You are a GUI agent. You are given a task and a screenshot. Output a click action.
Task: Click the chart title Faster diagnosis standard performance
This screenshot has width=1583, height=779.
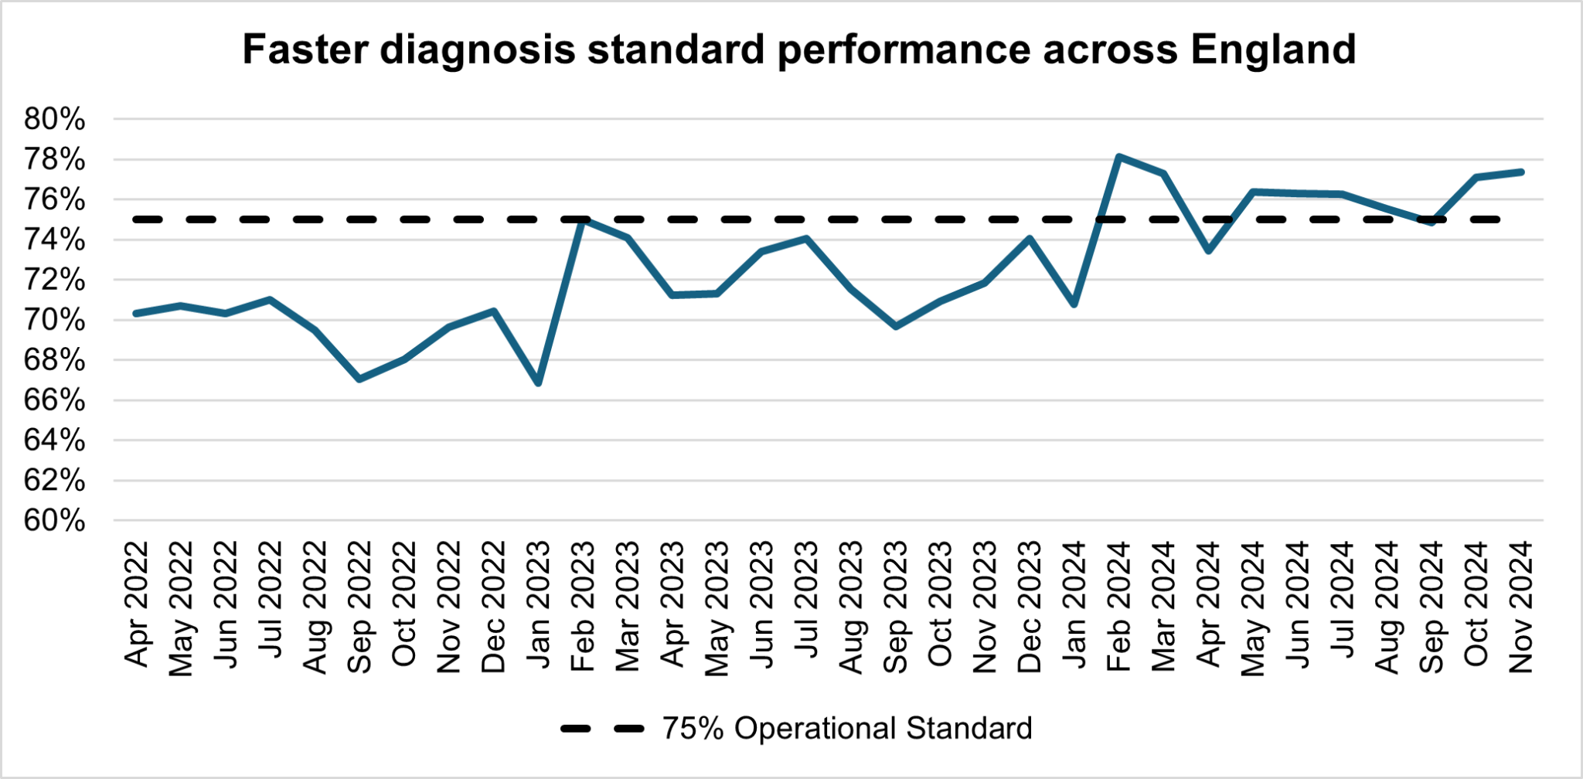(x=798, y=49)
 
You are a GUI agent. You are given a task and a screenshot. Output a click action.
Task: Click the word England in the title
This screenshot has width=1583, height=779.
(x=1273, y=49)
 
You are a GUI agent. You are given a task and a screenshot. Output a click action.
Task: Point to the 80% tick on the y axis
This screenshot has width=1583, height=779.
(x=54, y=120)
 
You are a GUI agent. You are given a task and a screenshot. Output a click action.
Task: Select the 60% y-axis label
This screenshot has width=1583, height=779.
(x=54, y=521)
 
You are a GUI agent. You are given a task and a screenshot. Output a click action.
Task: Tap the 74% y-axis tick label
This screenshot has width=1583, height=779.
(x=54, y=240)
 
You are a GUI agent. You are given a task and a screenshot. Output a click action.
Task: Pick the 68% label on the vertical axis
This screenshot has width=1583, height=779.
(x=54, y=360)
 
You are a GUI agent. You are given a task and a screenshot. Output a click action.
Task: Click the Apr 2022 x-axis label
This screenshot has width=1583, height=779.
(x=136, y=604)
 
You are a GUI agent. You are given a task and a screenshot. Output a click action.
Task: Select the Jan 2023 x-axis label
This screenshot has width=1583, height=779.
(x=538, y=604)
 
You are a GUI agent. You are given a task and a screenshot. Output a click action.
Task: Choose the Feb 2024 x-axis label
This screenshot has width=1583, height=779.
(x=1118, y=604)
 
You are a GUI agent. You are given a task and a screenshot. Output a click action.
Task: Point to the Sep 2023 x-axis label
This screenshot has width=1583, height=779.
(x=895, y=605)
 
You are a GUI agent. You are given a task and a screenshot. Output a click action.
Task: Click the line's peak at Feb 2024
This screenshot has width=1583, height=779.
(x=1118, y=157)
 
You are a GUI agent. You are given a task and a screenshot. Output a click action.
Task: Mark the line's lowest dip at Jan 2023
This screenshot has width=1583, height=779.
(x=538, y=383)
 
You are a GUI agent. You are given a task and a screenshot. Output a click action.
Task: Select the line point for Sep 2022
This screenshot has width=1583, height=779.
(x=359, y=379)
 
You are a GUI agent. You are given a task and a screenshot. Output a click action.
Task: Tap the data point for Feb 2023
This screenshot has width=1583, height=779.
(x=583, y=220)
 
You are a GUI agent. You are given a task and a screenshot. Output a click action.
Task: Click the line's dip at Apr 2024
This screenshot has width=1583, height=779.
(x=1208, y=250)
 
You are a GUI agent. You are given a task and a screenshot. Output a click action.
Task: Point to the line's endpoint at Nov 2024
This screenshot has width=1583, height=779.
(x=1520, y=172)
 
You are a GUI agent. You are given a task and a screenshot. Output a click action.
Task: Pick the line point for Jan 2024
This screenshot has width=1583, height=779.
(x=1074, y=304)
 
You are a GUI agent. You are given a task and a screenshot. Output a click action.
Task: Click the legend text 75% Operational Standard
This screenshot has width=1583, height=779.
(x=846, y=729)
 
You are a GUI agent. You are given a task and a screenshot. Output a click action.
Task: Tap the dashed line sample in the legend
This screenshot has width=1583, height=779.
(x=602, y=729)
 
